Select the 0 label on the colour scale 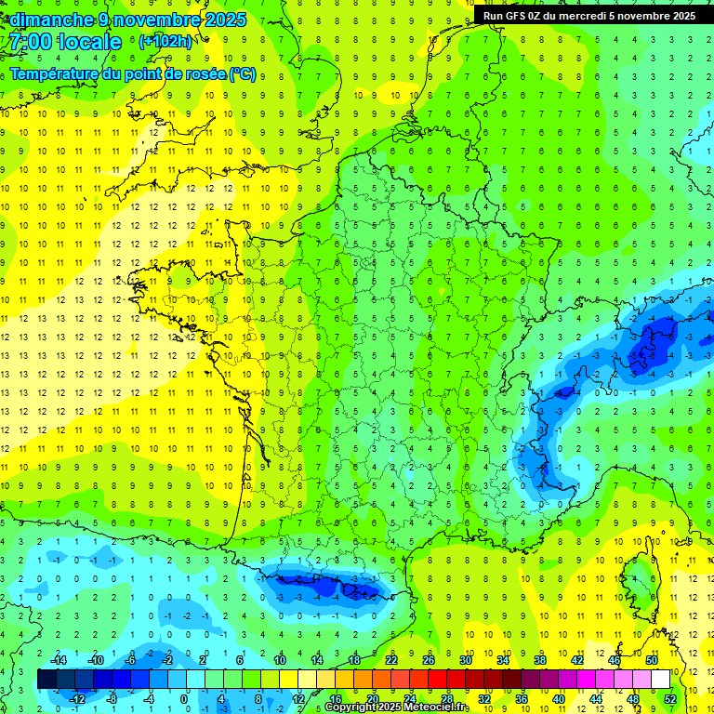[x=185, y=699]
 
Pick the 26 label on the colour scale [x=429, y=659]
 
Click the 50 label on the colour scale [x=652, y=659]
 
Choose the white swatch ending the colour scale [x=660, y=679]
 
